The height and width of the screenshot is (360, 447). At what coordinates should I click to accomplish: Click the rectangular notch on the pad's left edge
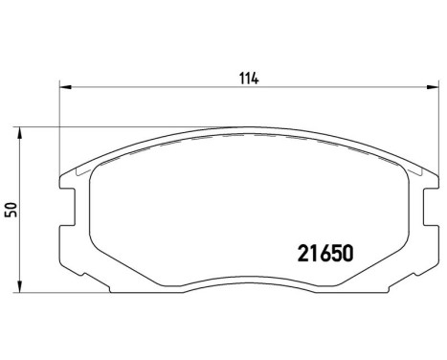pyautogui.click(x=69, y=203)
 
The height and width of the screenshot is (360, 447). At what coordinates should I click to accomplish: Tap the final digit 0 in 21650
pyautogui.click(x=348, y=255)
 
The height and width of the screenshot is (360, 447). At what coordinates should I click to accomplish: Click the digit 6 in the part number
pyautogui.click(x=322, y=255)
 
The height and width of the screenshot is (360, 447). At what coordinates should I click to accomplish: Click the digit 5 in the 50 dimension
pyautogui.click(x=12, y=213)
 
